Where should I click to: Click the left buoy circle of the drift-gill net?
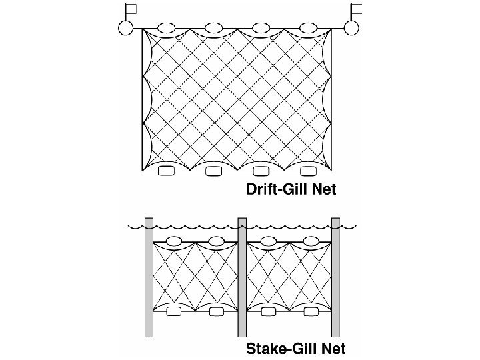(124, 29)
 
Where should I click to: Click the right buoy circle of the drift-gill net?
(352, 28)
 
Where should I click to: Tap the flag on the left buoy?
(131, 9)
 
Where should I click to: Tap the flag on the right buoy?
(358, 9)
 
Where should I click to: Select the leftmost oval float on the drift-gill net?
(166, 29)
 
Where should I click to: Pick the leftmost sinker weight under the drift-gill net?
(166, 172)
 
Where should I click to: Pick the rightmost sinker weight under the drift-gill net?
(307, 172)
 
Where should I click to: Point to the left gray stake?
(149, 277)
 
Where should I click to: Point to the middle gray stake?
(242, 277)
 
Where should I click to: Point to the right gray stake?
(336, 277)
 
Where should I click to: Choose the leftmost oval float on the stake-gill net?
(175, 241)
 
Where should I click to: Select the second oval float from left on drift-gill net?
(213, 29)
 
